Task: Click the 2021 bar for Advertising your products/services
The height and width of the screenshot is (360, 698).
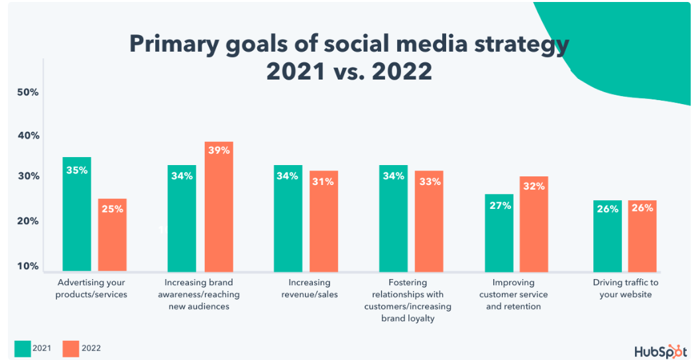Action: click(x=77, y=214)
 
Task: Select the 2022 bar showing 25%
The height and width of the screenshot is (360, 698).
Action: click(x=112, y=235)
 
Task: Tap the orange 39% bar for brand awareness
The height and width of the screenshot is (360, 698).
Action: click(x=219, y=206)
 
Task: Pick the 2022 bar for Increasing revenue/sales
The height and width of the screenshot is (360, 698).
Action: click(x=323, y=221)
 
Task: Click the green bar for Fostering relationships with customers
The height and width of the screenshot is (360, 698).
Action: click(x=393, y=218)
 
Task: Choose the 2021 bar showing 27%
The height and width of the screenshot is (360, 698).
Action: click(x=499, y=233)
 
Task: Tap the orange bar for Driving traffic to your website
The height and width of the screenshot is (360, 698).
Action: click(x=642, y=236)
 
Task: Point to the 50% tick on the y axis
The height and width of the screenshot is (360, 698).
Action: click(x=28, y=92)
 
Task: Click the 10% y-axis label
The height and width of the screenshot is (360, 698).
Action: click(x=28, y=266)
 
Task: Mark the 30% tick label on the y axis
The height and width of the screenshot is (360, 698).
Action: click(x=28, y=177)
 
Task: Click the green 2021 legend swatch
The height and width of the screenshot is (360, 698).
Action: click(x=22, y=347)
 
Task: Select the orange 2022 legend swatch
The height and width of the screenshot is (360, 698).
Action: click(x=70, y=347)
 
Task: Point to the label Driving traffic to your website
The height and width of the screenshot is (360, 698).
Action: click(x=626, y=288)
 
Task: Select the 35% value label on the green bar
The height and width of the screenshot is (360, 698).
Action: click(x=77, y=170)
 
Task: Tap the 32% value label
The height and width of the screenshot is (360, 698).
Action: click(x=534, y=187)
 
